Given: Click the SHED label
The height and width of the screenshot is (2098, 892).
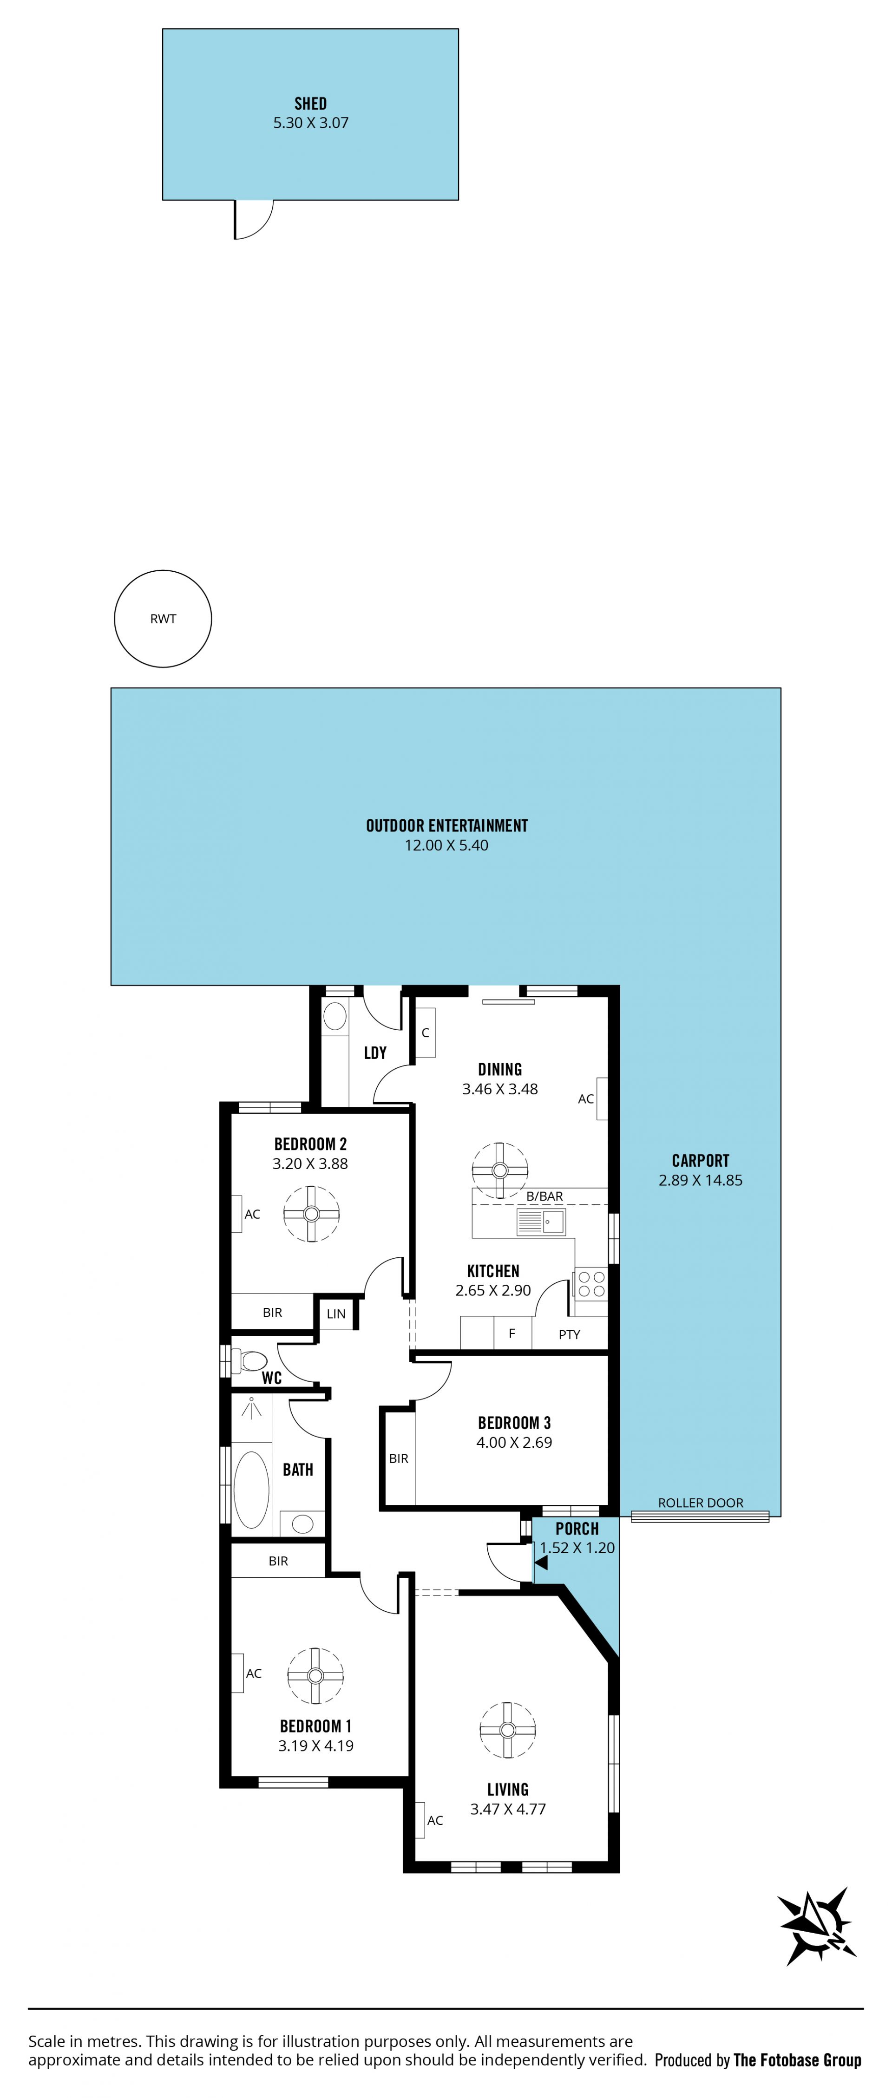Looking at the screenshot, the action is tap(310, 104).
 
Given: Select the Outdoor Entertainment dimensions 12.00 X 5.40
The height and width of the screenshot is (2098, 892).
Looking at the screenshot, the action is tap(446, 845).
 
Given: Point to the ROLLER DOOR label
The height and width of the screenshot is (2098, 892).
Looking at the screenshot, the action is tap(701, 1503).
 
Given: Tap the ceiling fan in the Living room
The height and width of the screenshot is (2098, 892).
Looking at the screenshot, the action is tap(507, 1731).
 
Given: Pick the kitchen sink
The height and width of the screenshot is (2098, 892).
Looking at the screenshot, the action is tap(541, 1222).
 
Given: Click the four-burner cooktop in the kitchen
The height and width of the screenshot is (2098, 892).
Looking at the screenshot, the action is tap(591, 1284).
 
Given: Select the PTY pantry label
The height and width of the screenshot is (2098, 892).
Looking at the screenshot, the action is tap(570, 1334).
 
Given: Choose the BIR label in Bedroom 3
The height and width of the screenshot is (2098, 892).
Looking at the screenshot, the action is tap(398, 1459).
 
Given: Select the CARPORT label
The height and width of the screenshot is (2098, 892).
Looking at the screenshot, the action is tap(701, 1161).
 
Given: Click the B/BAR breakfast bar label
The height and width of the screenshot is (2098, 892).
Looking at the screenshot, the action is tap(544, 1196).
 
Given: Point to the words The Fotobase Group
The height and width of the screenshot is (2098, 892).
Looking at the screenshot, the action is tap(798, 2060).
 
